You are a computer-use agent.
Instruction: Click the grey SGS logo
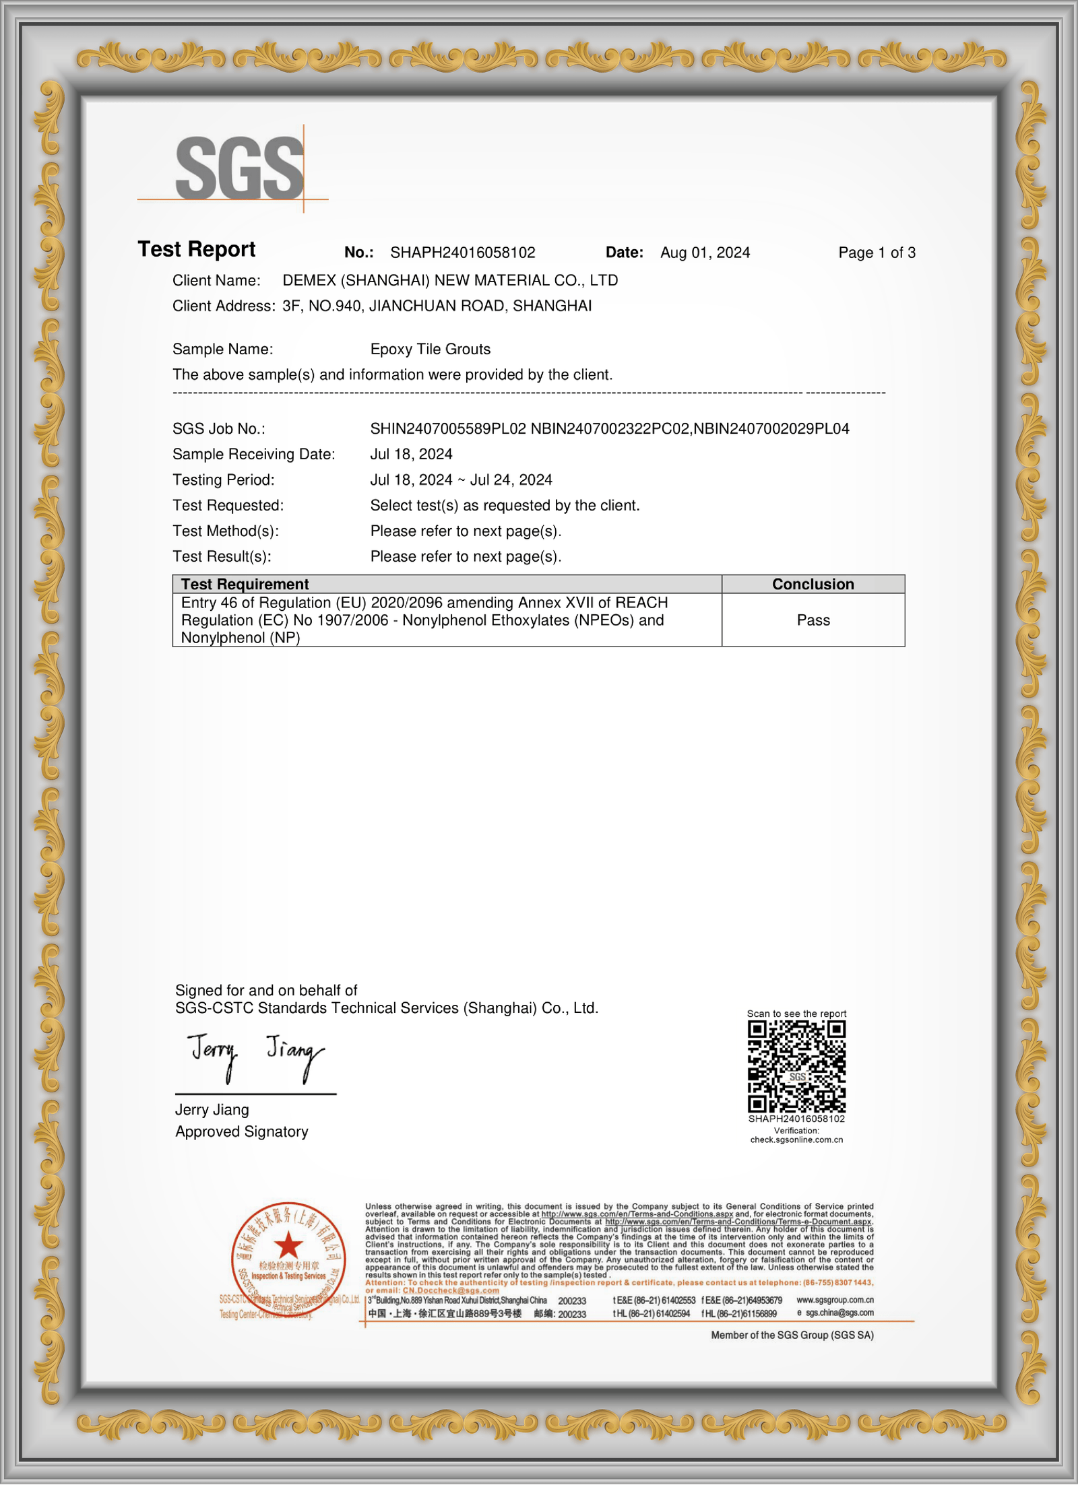pyautogui.click(x=239, y=168)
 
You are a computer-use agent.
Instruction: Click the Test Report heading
pyautogui.click(x=197, y=250)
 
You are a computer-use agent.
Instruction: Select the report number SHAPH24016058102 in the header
pyautogui.click(x=463, y=253)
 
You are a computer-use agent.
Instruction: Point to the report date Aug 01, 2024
pyautogui.click(x=705, y=253)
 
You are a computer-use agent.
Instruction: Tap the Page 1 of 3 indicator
pyautogui.click(x=877, y=253)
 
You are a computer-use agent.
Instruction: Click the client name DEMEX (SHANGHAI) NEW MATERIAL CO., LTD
pyautogui.click(x=450, y=280)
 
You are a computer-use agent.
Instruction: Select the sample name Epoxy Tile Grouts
pyautogui.click(x=431, y=349)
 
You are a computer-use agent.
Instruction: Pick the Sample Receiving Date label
pyautogui.click(x=253, y=454)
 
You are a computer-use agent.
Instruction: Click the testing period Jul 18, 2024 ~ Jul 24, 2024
pyautogui.click(x=461, y=480)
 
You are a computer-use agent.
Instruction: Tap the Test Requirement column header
pyautogui.click(x=245, y=584)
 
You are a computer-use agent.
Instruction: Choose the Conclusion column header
pyautogui.click(x=813, y=584)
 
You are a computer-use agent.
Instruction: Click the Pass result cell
pyautogui.click(x=813, y=620)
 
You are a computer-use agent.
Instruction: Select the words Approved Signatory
pyautogui.click(x=242, y=1131)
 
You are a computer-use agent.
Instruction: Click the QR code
pyautogui.click(x=796, y=1066)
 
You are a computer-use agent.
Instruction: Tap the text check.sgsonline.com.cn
pyautogui.click(x=796, y=1140)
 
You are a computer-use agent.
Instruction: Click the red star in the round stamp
pyautogui.click(x=288, y=1245)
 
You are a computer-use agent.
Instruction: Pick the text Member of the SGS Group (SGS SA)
pyautogui.click(x=792, y=1335)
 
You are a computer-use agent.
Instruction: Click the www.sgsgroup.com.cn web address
pyautogui.click(x=835, y=1300)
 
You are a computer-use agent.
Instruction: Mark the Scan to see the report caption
pyautogui.click(x=796, y=1014)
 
